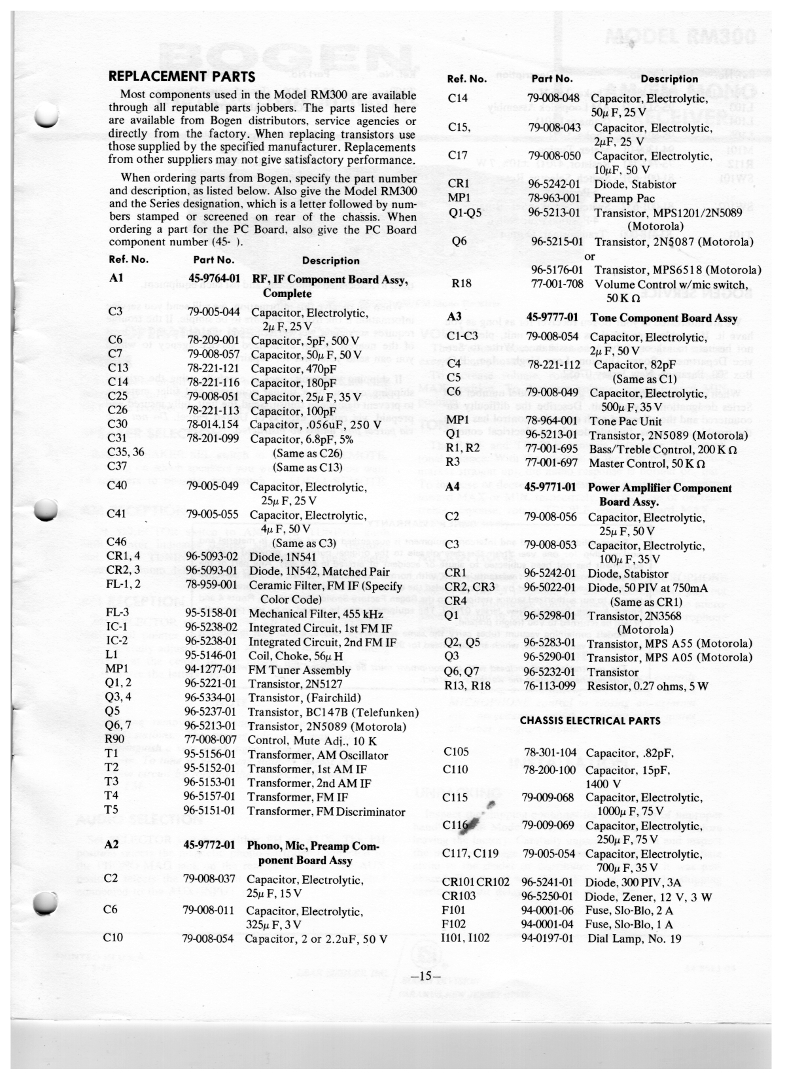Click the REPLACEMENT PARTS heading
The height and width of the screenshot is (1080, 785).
(x=181, y=77)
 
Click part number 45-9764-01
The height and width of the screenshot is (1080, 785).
(x=214, y=279)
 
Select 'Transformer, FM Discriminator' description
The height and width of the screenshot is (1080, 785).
(x=326, y=812)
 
